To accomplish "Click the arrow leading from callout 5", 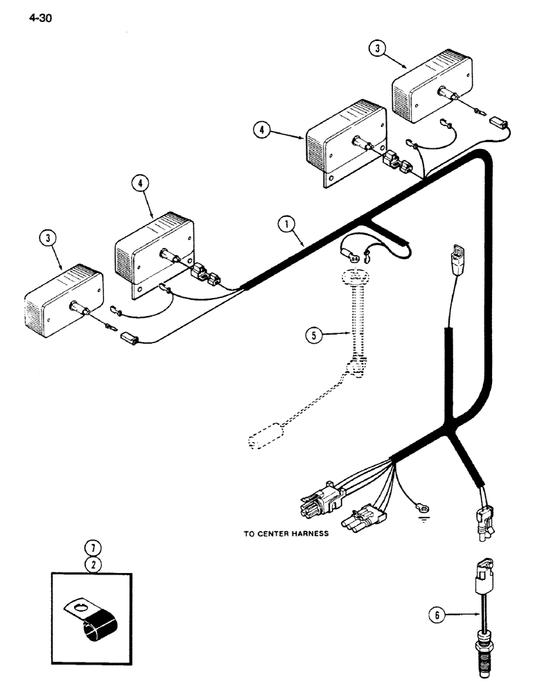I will click(x=338, y=335).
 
